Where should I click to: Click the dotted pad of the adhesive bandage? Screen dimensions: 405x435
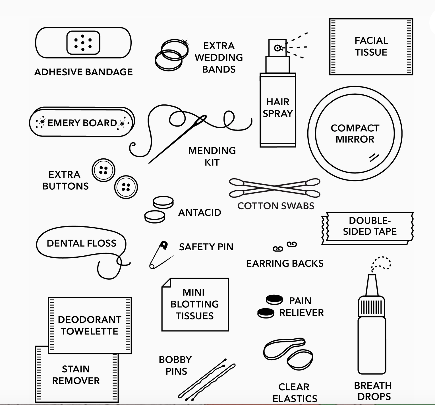83,43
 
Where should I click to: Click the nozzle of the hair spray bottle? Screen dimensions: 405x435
277,48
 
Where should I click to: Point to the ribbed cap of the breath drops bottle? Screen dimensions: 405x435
372,307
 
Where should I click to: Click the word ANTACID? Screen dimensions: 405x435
200,212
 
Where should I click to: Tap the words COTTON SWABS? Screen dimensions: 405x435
276,206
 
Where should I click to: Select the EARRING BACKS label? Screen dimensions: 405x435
285,263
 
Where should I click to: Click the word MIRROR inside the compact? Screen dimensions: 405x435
355,139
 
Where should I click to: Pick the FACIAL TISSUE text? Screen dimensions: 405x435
371,46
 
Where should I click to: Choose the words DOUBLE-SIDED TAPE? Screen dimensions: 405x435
369,226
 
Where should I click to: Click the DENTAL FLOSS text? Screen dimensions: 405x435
81,243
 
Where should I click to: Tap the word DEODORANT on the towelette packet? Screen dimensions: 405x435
89,320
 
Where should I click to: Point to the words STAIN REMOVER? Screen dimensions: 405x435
76,375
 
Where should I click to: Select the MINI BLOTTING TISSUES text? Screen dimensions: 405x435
195,304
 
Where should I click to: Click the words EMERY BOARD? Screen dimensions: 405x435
82,123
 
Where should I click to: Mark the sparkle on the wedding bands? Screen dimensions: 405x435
185,43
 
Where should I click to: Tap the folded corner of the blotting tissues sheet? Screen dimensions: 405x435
166,283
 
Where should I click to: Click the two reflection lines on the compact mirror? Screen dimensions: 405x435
374,157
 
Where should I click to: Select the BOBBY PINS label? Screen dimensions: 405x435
175,365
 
